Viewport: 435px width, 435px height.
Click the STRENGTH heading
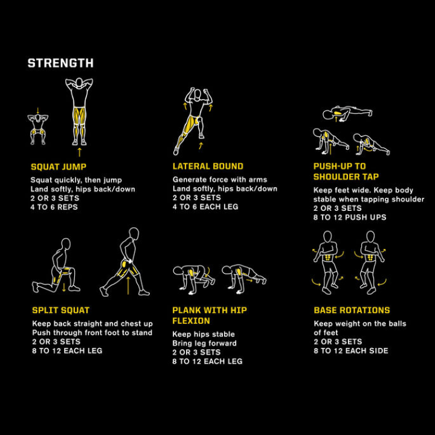click(60, 63)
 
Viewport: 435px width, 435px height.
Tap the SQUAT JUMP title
click(59, 167)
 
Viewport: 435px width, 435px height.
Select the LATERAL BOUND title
click(208, 166)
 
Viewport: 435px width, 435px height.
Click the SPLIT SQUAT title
click(61, 310)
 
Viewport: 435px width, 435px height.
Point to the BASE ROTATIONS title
click(352, 310)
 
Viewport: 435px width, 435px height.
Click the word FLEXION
click(191, 321)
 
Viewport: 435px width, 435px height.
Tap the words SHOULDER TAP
click(346, 176)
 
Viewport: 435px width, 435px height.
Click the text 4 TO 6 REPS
click(54, 207)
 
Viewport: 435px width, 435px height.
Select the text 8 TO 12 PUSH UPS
click(350, 217)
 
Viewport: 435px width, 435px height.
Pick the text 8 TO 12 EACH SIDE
click(351, 350)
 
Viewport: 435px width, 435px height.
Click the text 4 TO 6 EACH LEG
click(205, 207)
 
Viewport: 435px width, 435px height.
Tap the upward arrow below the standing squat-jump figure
click(80, 152)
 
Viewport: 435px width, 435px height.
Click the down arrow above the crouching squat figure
click(38, 110)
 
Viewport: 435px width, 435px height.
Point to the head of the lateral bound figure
click(198, 94)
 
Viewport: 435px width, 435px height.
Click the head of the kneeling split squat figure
click(66, 243)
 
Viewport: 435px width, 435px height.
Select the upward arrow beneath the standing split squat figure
click(128, 285)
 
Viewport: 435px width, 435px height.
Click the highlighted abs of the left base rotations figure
click(329, 257)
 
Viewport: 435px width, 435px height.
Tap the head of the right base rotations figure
click(370, 236)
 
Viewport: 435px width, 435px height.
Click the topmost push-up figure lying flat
click(347, 113)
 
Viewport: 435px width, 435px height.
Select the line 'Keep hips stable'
click(204, 334)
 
